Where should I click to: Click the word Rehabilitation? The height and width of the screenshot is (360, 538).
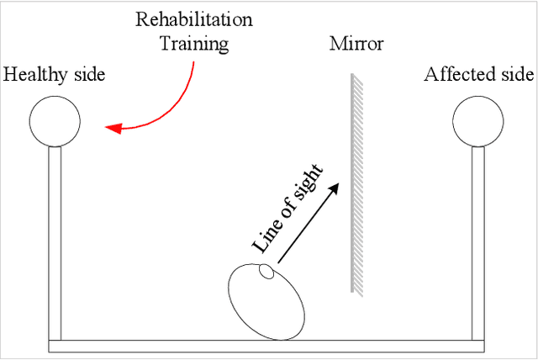pos(195,19)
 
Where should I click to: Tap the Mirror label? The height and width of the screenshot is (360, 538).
pos(356,42)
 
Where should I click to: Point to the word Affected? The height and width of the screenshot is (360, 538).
pos(458,75)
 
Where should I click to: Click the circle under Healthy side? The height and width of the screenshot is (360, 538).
pos(55,121)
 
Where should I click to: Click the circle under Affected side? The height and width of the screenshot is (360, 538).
pos(477,121)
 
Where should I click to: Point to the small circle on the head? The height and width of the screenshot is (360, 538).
pos(266,272)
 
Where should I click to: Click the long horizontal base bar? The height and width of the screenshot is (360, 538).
pos(266,346)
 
